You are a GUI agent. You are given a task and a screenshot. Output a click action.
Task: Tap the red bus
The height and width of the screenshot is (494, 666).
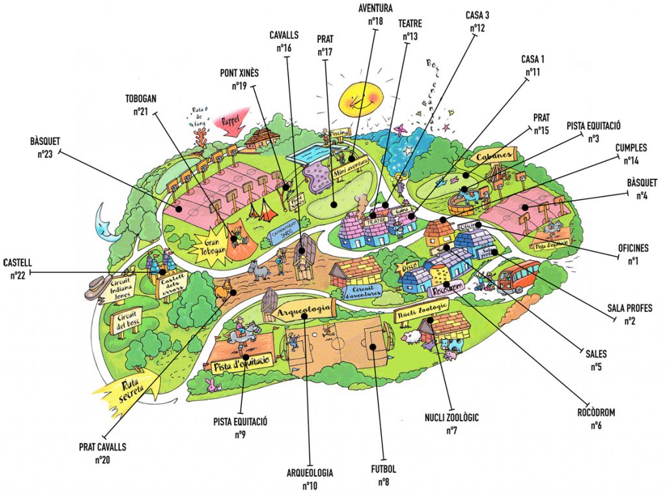[518, 276]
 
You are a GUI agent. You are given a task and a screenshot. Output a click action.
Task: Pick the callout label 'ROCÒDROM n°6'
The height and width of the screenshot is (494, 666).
[596, 419]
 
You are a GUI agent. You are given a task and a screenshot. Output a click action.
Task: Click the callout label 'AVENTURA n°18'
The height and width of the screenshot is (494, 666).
[375, 14]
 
